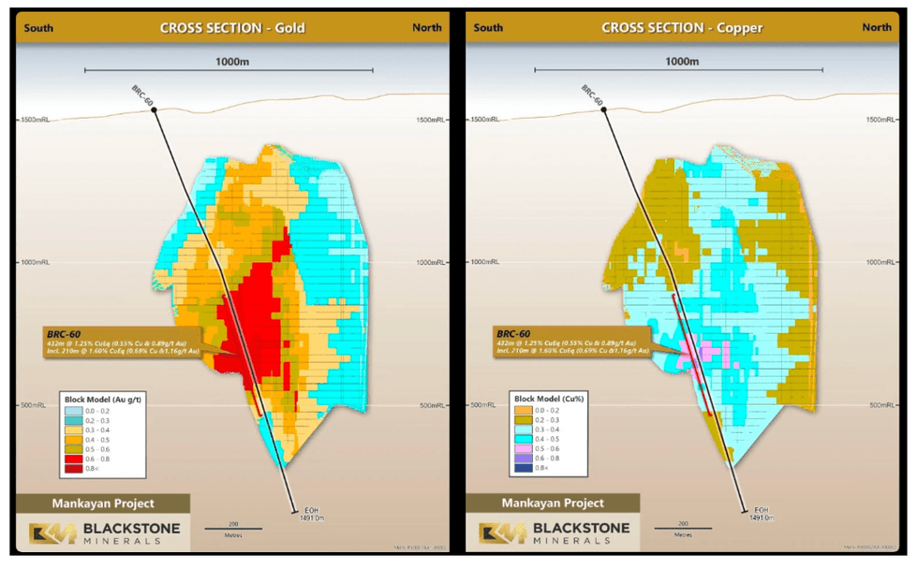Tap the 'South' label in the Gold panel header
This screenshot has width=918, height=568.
pyautogui.click(x=38, y=27)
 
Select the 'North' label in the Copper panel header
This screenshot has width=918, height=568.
pyautogui.click(x=877, y=27)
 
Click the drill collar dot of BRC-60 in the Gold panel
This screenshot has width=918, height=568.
pyautogui.click(x=154, y=110)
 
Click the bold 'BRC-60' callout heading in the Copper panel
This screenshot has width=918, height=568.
pyautogui.click(x=514, y=334)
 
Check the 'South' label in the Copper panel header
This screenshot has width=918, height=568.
pyautogui.click(x=488, y=27)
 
